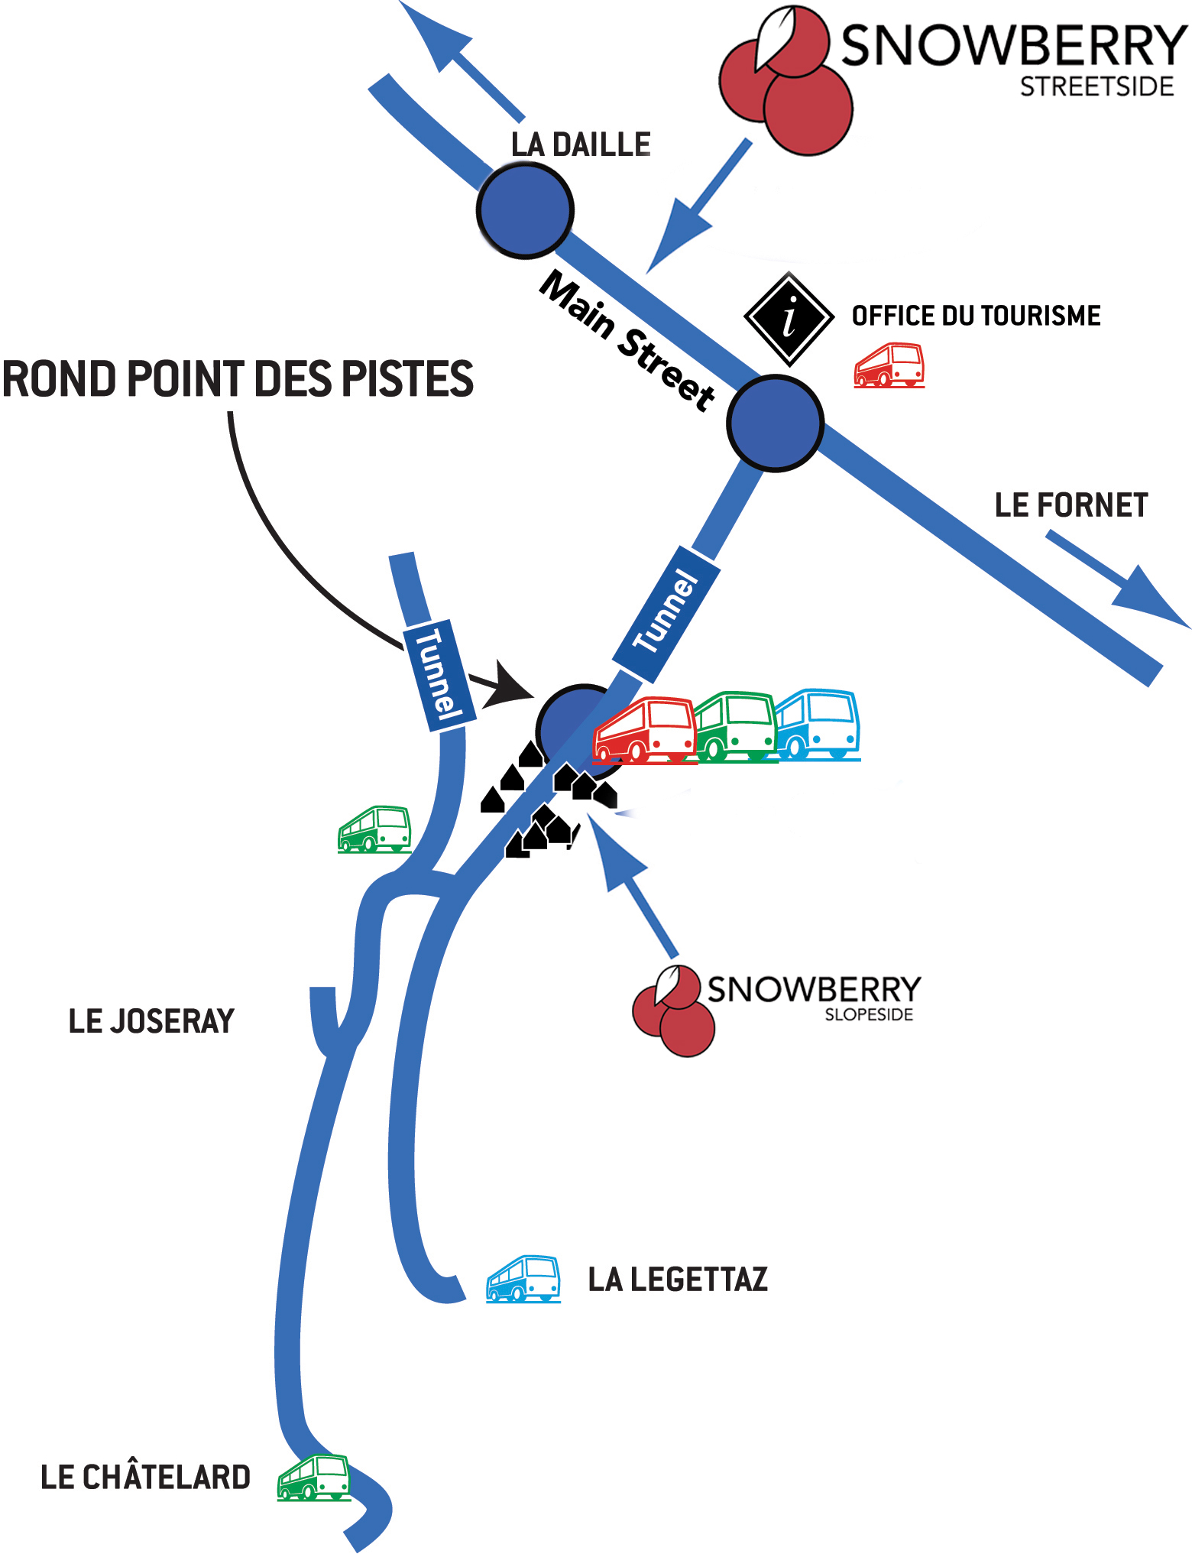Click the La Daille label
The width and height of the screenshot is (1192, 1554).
[581, 144]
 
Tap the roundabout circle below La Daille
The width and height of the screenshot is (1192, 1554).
[525, 210]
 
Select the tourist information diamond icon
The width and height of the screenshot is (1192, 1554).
[789, 318]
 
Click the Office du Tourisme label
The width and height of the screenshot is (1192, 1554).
[976, 316]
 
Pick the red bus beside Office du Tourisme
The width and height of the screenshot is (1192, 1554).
[889, 365]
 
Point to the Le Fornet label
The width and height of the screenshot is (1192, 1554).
[1071, 505]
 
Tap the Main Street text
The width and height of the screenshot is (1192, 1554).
[627, 339]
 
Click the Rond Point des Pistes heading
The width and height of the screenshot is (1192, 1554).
[238, 379]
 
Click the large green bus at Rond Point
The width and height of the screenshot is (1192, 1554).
[734, 727]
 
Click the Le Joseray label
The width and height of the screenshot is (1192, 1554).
[151, 1021]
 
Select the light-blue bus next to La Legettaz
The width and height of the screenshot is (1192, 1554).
[523, 1278]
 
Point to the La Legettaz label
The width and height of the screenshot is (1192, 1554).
[678, 1280]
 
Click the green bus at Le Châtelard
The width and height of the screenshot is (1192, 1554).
[313, 1478]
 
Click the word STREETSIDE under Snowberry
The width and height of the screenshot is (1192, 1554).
[1096, 87]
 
